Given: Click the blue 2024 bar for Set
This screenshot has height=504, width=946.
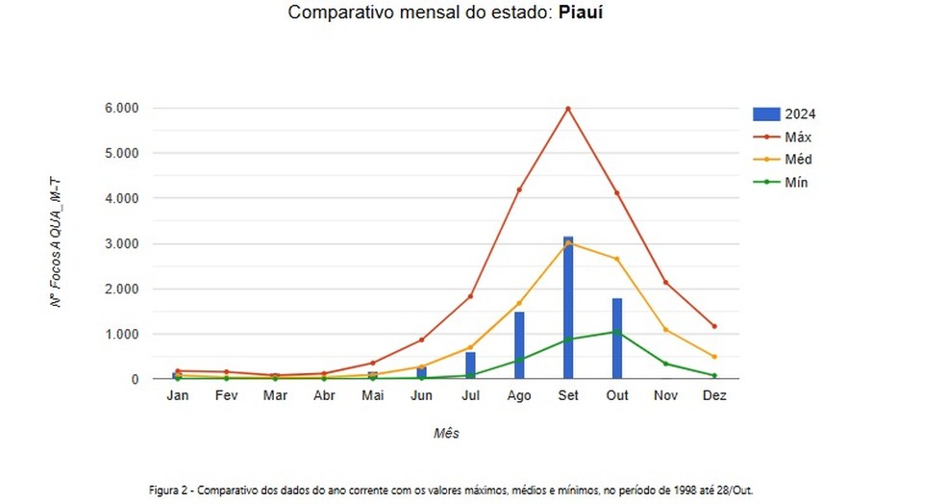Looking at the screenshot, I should [568, 308].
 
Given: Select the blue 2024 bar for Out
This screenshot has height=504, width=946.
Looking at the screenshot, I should [616, 339].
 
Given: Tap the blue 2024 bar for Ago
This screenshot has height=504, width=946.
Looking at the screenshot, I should [519, 345].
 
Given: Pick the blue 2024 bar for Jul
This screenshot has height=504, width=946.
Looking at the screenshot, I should [470, 365].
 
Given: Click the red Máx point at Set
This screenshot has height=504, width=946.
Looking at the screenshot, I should [568, 109].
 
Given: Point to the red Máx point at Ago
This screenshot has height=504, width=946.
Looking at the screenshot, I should [519, 189].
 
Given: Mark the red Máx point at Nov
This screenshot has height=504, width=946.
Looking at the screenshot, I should [665, 282].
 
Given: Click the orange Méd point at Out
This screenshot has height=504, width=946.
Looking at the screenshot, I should [616, 259].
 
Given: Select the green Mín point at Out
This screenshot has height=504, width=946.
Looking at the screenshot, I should [616, 332].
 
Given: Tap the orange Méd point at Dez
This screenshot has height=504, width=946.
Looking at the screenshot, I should [714, 357].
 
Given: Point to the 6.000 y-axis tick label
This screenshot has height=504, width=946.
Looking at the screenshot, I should [122, 108].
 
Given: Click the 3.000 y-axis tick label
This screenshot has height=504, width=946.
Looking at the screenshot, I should [122, 243].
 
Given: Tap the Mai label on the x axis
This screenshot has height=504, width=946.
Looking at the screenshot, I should [372, 395].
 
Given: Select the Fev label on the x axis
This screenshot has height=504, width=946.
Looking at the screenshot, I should [226, 395].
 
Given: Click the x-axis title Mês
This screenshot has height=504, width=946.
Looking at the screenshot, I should [446, 434].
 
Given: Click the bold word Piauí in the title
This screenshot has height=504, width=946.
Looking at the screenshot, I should [582, 14].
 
